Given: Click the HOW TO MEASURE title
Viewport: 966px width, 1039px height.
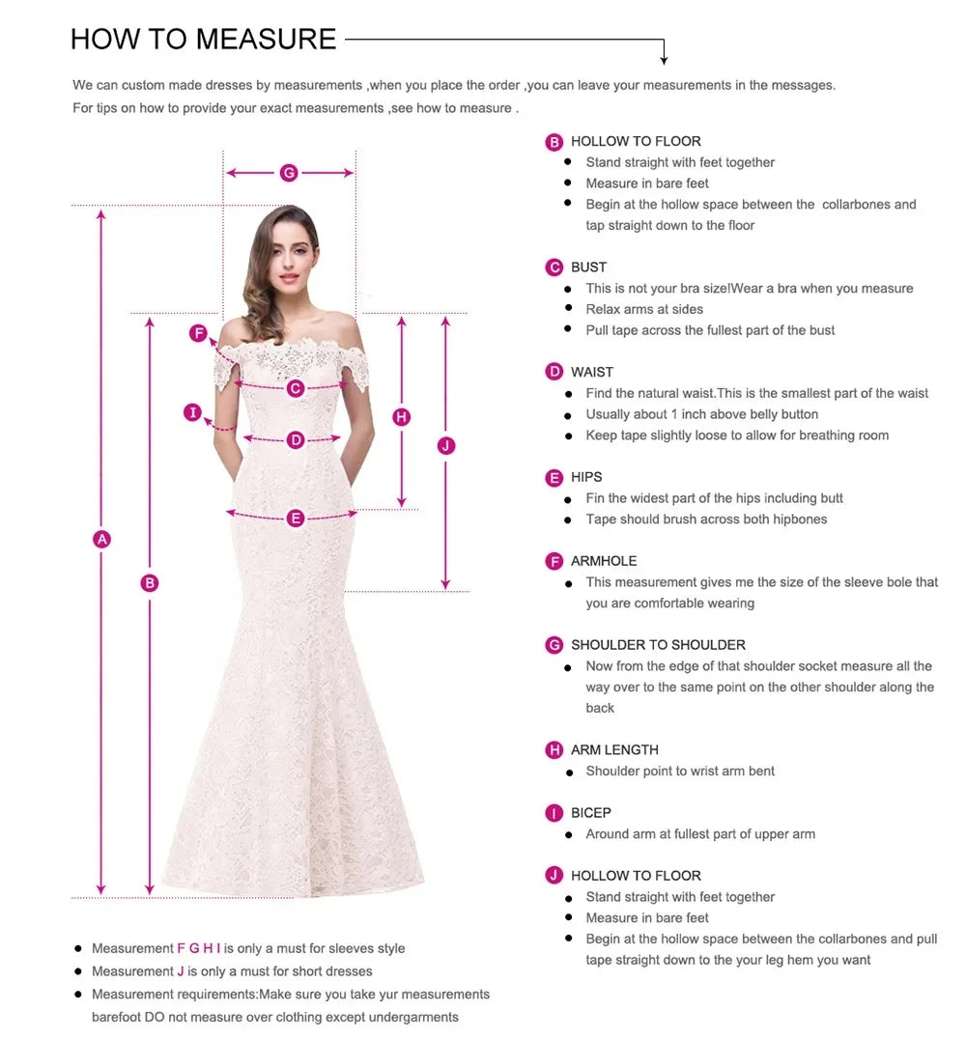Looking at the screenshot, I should point(203,39).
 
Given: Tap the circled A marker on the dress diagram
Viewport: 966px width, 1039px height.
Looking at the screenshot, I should point(101,539).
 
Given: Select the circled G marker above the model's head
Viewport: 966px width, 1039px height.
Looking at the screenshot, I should point(289,173).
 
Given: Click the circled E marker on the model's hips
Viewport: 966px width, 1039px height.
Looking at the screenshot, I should point(296,519).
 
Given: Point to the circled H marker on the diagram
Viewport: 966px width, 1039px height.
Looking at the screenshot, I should point(402,417).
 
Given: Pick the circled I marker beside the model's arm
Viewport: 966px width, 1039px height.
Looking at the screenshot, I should point(193,413).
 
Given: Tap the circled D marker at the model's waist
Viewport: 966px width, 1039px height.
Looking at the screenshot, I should point(296,440).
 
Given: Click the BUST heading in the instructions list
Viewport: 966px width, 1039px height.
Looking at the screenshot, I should point(588,267).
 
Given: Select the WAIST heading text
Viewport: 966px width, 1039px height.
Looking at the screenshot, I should point(591,372).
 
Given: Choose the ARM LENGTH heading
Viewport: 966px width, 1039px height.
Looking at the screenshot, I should point(614,749).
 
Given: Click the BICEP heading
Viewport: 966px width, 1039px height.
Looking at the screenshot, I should point(590,813).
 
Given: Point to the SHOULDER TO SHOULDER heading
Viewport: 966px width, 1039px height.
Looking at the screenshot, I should point(658,645).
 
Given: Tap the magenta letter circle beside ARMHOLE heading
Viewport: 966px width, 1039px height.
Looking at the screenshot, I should point(554,561).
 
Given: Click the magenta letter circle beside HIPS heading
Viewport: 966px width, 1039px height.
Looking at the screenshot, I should point(554,477).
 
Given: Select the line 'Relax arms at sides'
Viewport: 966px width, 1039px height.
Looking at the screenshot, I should point(644,309).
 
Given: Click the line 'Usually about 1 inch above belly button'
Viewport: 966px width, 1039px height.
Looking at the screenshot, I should point(701,414).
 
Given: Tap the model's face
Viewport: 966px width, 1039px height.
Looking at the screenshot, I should point(287,259).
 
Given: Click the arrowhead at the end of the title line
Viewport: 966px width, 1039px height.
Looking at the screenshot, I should point(664,60).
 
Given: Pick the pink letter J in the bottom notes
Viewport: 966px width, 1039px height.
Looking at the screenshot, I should point(181,971).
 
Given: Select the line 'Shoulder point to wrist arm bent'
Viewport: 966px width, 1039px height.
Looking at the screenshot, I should point(680,771).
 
